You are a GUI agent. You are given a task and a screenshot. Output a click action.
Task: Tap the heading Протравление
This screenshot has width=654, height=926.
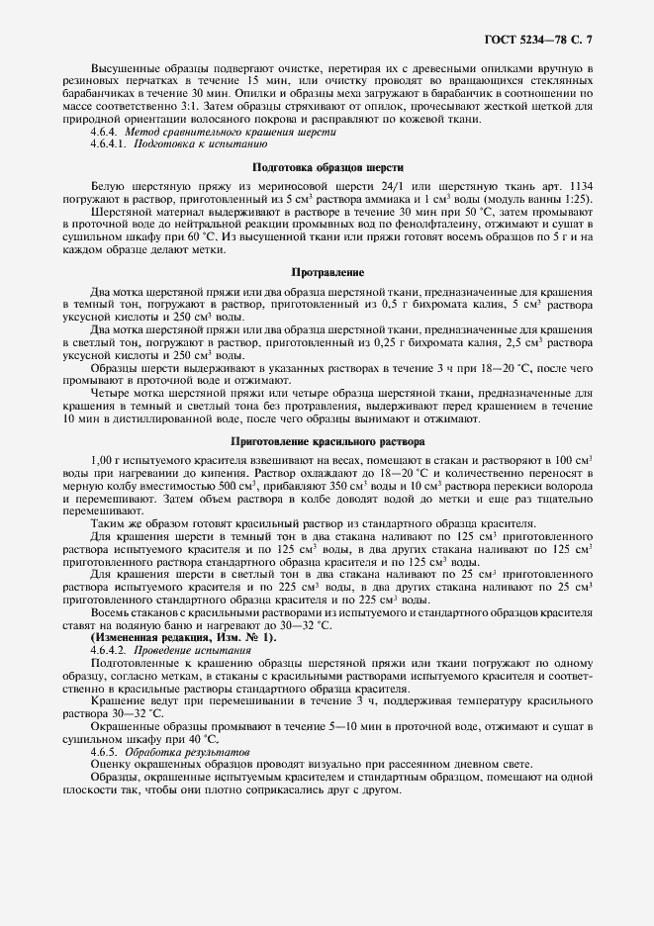coord(327,271)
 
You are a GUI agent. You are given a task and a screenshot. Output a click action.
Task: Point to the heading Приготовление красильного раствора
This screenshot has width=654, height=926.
coord(327,441)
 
